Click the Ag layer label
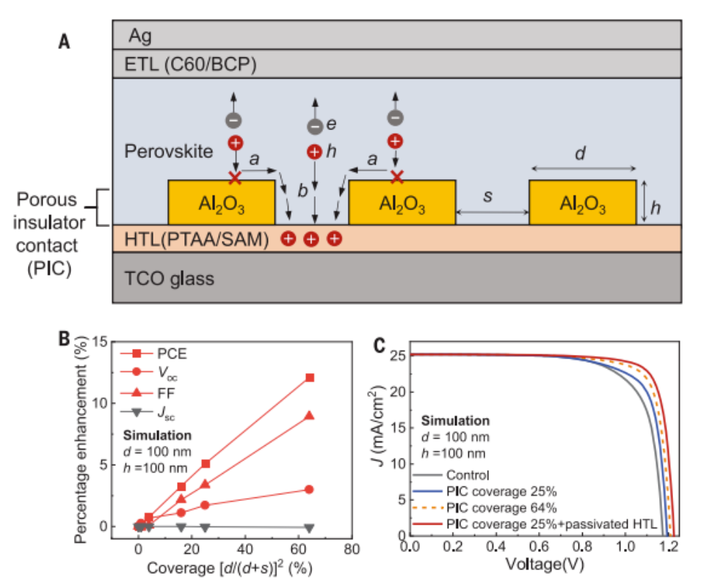140,35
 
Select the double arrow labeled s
493,213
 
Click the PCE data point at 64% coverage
310,378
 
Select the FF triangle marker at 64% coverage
310,416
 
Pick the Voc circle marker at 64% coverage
310,489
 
